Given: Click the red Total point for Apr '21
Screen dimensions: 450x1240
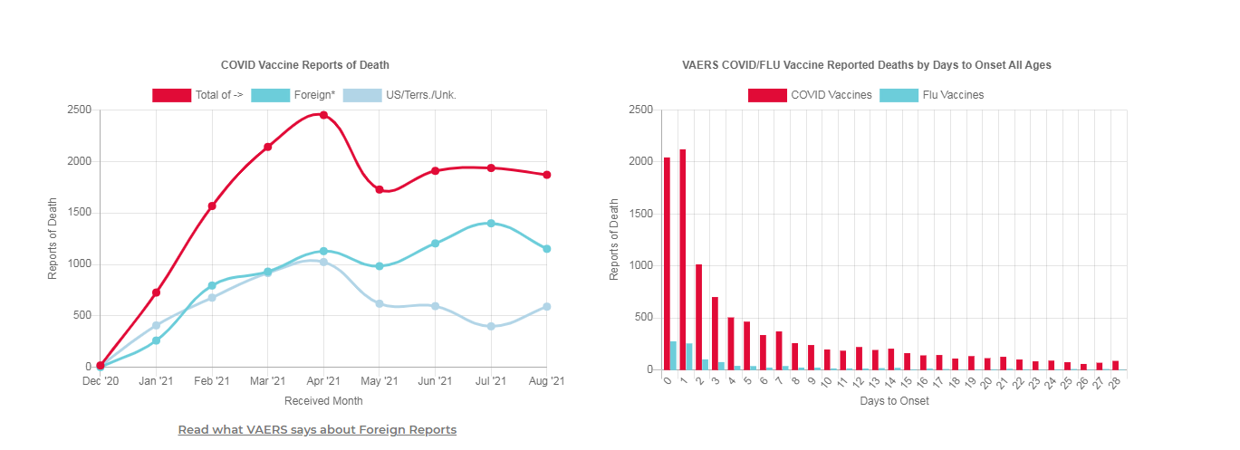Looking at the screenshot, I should [323, 115].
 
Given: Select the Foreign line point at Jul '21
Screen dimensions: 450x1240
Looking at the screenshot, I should [491, 223].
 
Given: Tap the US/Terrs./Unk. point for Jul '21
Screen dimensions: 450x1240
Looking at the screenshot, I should [491, 326].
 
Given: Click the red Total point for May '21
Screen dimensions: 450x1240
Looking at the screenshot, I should [380, 190].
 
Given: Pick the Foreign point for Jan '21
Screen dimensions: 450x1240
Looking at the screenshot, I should [156, 340].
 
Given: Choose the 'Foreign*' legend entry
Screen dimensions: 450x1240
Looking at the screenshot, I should [293, 95].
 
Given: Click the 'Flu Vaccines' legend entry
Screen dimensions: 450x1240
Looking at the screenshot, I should [931, 95].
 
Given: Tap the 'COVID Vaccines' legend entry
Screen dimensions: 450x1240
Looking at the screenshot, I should [810, 95].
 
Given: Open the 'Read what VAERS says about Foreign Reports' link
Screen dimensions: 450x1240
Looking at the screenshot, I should [317, 430].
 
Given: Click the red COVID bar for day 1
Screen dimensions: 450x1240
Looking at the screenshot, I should [683, 260].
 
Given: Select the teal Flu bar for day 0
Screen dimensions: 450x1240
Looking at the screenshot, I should [673, 356].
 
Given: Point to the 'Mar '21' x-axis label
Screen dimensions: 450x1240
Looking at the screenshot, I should [267, 382].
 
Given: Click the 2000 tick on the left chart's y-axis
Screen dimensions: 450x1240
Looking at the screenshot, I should [80, 161].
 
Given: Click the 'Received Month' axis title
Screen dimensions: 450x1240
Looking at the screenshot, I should [323, 400].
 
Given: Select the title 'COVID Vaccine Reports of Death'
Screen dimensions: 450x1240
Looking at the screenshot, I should [305, 65].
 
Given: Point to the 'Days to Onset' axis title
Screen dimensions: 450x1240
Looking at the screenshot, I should [894, 401].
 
